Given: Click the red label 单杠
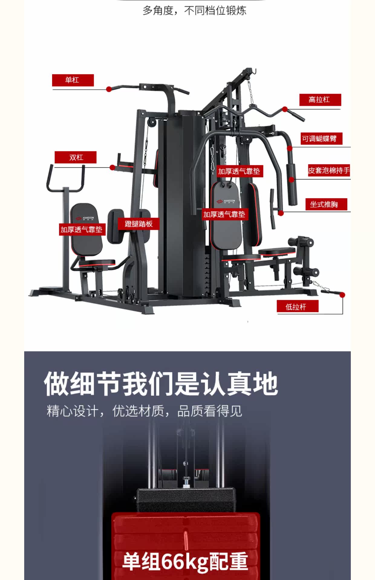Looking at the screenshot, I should coord(73,80).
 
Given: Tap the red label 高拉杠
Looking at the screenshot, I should coord(320,100).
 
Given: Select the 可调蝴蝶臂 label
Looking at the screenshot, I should coord(321,139).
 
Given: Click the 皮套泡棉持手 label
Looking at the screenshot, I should coord(329,171).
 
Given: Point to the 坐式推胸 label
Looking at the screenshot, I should coord(326,205).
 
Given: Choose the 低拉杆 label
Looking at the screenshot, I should coord(297,306).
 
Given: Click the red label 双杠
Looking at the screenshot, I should coord(76,157).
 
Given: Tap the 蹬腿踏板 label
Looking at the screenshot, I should coord(139,224).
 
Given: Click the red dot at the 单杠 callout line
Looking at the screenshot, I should coord(109,89).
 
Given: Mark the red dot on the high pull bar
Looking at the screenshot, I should coord(285,109).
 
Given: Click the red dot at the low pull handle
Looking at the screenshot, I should coord(342,295).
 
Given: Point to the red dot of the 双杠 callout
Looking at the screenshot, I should coord(112,167).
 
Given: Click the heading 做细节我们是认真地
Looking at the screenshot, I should coord(161,384).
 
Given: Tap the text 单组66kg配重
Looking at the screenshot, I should coord(185,561).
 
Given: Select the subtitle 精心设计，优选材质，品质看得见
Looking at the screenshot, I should coord(144,411).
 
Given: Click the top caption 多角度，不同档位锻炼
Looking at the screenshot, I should coord(194,11).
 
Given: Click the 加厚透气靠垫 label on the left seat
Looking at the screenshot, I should coord(82,230).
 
